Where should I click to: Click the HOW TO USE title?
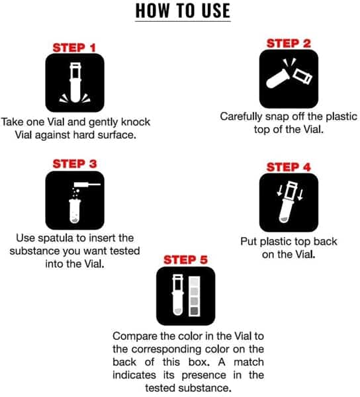tap(183, 11)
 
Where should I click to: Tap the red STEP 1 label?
tap(74, 48)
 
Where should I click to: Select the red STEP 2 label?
tap(289, 43)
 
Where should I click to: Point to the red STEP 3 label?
tap(75, 164)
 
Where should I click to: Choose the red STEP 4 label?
tap(289, 167)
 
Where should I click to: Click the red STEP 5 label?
tap(185, 260)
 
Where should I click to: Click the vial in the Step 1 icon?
tap(75, 83)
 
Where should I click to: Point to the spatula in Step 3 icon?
tap(87, 185)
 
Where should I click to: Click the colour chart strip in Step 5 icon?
tap(195, 296)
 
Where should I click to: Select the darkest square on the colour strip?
tap(195, 311)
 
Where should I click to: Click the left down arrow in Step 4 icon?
tap(279, 191)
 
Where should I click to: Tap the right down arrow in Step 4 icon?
tap(300, 195)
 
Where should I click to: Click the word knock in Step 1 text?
tap(136, 122)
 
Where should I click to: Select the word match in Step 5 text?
tap(249, 362)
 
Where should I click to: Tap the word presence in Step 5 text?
tap(204, 375)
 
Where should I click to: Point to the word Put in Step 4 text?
tap(249, 242)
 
